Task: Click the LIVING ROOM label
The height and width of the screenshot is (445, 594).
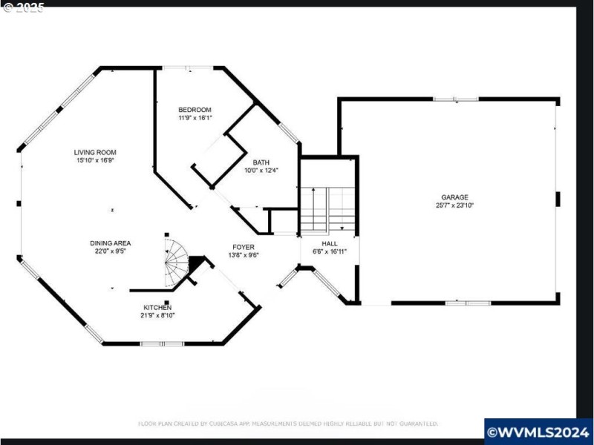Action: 95,152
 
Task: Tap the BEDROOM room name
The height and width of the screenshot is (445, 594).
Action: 195,110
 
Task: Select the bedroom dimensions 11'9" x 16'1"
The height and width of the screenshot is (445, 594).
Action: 195,118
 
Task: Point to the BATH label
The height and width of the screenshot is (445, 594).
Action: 261,162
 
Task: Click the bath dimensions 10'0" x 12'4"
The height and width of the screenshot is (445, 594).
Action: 261,171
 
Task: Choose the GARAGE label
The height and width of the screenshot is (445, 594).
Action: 454,197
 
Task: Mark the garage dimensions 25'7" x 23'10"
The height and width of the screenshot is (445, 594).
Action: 454,205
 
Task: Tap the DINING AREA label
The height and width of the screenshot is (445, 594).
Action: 111,243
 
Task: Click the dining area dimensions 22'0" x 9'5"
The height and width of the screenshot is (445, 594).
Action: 111,251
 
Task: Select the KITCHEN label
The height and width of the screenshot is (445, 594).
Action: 157,307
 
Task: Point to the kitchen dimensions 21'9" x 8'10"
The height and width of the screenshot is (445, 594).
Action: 157,315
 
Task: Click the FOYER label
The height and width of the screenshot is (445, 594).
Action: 244,247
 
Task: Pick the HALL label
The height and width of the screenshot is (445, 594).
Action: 330,243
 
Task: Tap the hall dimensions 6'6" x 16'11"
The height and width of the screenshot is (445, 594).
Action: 330,251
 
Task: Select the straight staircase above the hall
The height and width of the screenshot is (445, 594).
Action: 328,209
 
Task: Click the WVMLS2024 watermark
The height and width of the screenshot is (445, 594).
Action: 538,431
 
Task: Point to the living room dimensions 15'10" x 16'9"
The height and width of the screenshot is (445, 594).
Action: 95,160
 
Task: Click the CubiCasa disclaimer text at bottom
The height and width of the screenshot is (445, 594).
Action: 288,423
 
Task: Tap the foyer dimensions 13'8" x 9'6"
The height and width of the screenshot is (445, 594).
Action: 244,255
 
